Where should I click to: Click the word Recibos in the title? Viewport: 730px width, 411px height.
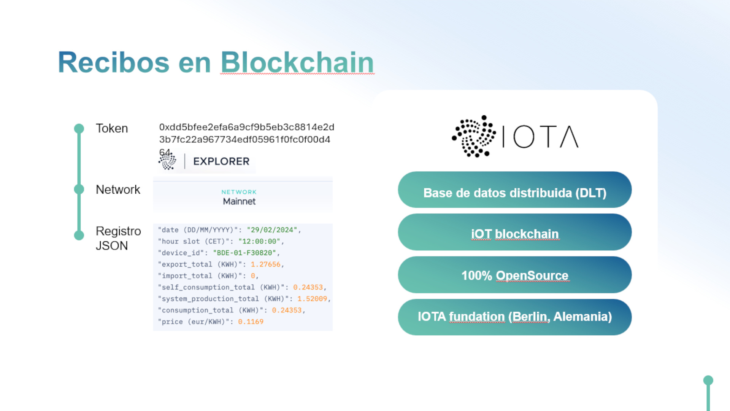click(114, 62)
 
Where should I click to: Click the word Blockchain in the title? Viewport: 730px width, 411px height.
click(297, 62)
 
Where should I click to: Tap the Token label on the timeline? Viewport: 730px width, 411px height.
click(112, 129)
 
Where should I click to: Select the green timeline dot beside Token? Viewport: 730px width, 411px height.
click(79, 129)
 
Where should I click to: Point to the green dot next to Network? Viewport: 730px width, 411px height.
click(79, 189)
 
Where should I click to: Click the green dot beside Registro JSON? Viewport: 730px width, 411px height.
click(79, 235)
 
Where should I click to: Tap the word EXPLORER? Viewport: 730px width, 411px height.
click(221, 161)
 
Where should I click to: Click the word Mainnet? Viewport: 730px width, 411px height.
click(239, 201)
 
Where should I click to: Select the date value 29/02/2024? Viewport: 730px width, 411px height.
click(272, 230)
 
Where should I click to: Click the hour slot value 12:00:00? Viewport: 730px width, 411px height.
click(259, 241)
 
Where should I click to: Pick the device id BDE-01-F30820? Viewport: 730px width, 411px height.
click(244, 253)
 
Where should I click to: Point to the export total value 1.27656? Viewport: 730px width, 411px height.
click(265, 264)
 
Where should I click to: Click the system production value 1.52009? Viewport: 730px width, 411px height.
click(312, 299)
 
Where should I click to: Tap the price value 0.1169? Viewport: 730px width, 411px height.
click(251, 322)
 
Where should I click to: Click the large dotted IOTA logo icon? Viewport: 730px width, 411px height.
click(474, 136)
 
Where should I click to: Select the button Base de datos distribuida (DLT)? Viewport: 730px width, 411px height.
click(515, 190)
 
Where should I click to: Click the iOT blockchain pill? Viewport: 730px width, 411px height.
click(515, 232)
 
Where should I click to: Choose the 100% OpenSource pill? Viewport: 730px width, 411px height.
click(515, 275)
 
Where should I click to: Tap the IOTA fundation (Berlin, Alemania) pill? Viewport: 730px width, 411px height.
click(515, 317)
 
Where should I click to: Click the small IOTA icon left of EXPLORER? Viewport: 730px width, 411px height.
click(167, 161)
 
